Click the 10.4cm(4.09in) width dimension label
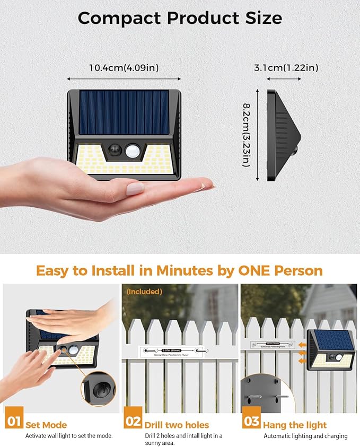124,68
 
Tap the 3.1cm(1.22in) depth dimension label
286,67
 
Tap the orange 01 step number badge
14,422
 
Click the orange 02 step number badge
133,422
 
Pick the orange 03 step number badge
251,422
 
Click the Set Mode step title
47,425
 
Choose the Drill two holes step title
177,425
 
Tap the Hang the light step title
295,425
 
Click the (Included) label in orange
144,292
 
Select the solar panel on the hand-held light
124,112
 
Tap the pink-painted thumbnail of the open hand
135,188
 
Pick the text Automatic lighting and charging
305,436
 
